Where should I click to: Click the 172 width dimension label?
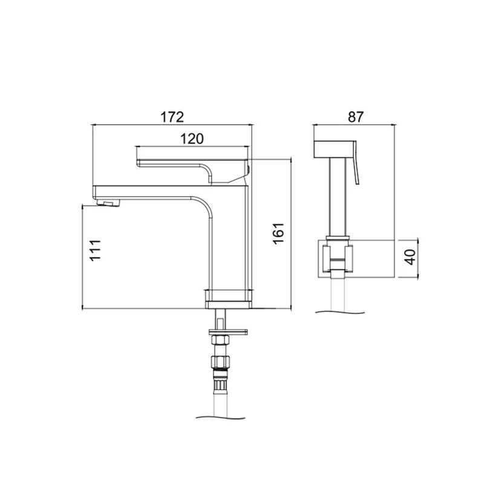tap(172, 117)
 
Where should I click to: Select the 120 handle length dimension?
tap(192, 139)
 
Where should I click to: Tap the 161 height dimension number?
tap(278, 234)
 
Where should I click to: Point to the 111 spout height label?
tap(96, 250)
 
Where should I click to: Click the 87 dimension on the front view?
tap(356, 117)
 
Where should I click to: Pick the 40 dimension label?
tap(411, 257)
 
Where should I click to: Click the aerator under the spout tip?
tap(108, 203)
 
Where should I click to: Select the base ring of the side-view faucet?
tap(229, 305)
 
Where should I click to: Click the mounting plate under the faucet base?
tap(228, 332)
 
